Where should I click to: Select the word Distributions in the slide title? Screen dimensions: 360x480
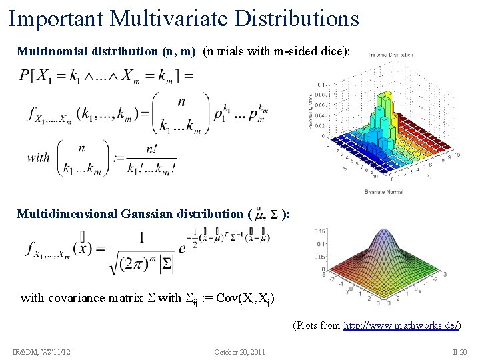(304, 18)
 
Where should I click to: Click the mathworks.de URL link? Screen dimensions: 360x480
(401, 325)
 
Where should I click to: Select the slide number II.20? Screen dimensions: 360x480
(459, 351)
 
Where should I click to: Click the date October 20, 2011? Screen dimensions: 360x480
(240, 351)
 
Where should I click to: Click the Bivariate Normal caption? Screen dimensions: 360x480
(385, 192)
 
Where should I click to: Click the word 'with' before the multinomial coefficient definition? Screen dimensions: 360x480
(39, 158)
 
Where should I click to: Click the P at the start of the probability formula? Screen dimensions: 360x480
(26, 75)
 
